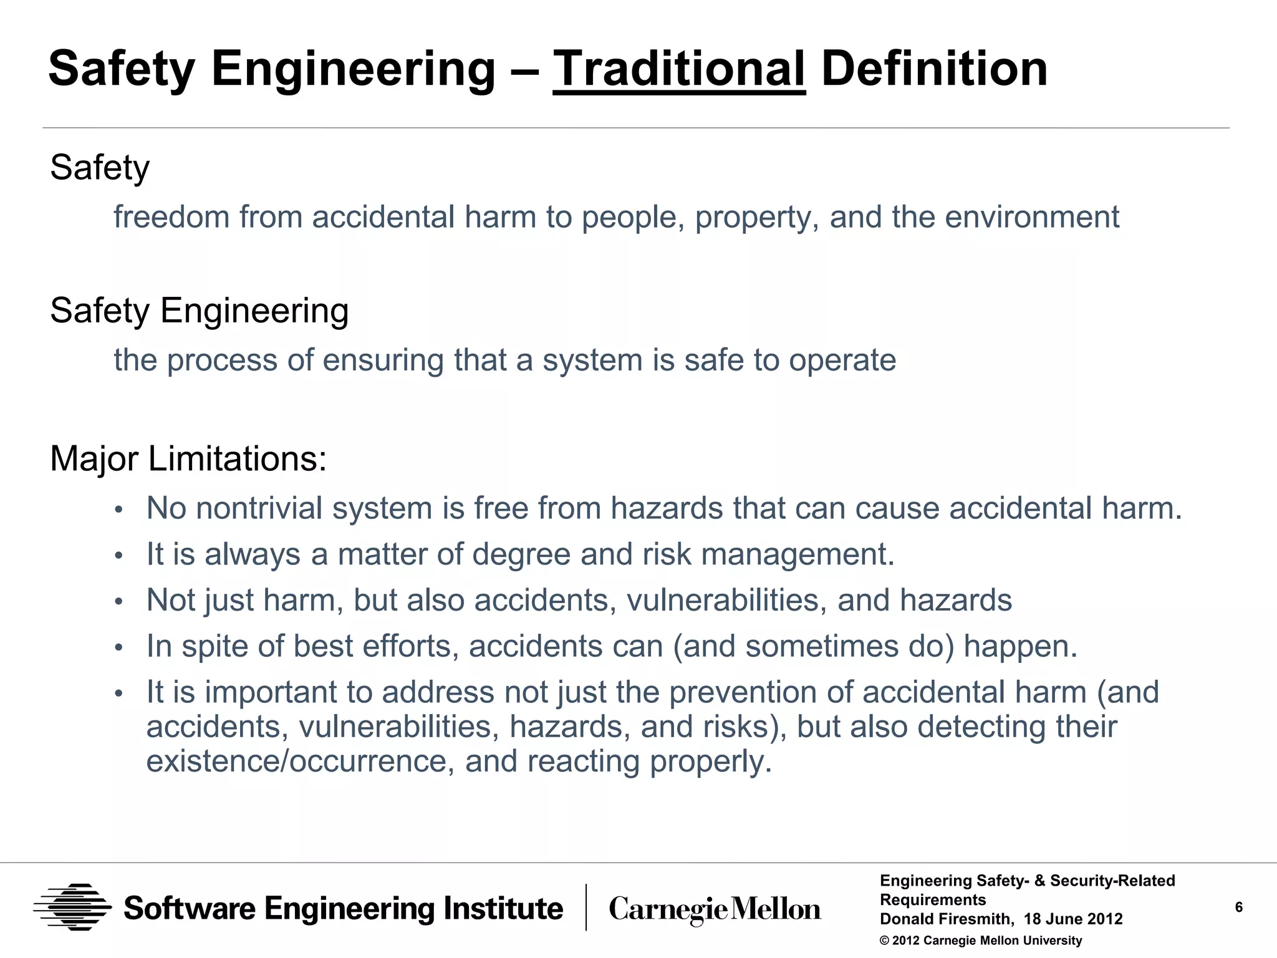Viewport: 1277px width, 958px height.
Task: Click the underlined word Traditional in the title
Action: [678, 69]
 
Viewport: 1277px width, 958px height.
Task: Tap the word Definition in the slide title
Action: [934, 69]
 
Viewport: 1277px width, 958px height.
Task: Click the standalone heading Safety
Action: [100, 168]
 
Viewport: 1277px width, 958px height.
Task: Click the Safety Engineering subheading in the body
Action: [199, 311]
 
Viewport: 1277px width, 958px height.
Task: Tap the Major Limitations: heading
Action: [188, 459]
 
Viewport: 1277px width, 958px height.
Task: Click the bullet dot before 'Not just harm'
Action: [119, 602]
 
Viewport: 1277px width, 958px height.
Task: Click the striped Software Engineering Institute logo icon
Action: [72, 907]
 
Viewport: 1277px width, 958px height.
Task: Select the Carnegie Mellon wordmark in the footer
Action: [715, 909]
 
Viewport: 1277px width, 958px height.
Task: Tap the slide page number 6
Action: [1238, 907]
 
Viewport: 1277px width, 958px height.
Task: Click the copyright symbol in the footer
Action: [884, 941]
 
